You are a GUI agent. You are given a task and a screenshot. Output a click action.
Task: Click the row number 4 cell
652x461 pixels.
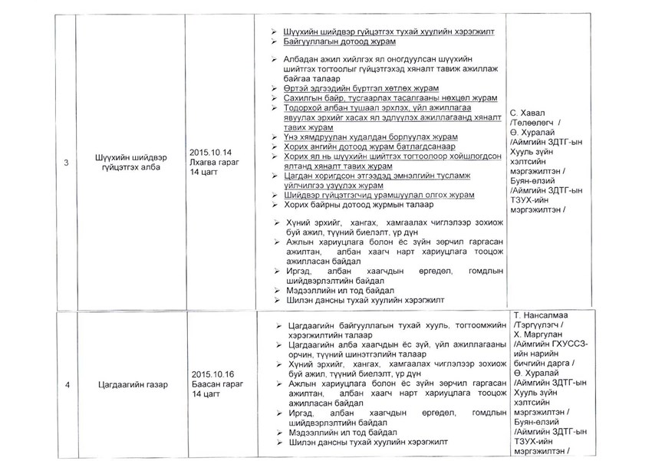(65, 386)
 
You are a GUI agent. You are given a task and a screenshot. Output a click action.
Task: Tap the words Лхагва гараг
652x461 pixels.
(213, 163)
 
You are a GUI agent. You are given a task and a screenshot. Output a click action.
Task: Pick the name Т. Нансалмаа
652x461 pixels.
(546, 315)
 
